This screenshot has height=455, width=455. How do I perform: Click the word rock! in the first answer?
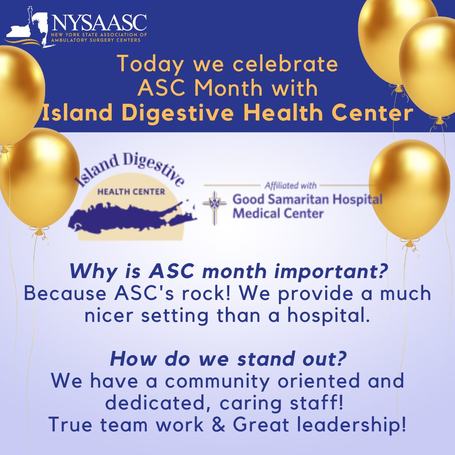[194, 294]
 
